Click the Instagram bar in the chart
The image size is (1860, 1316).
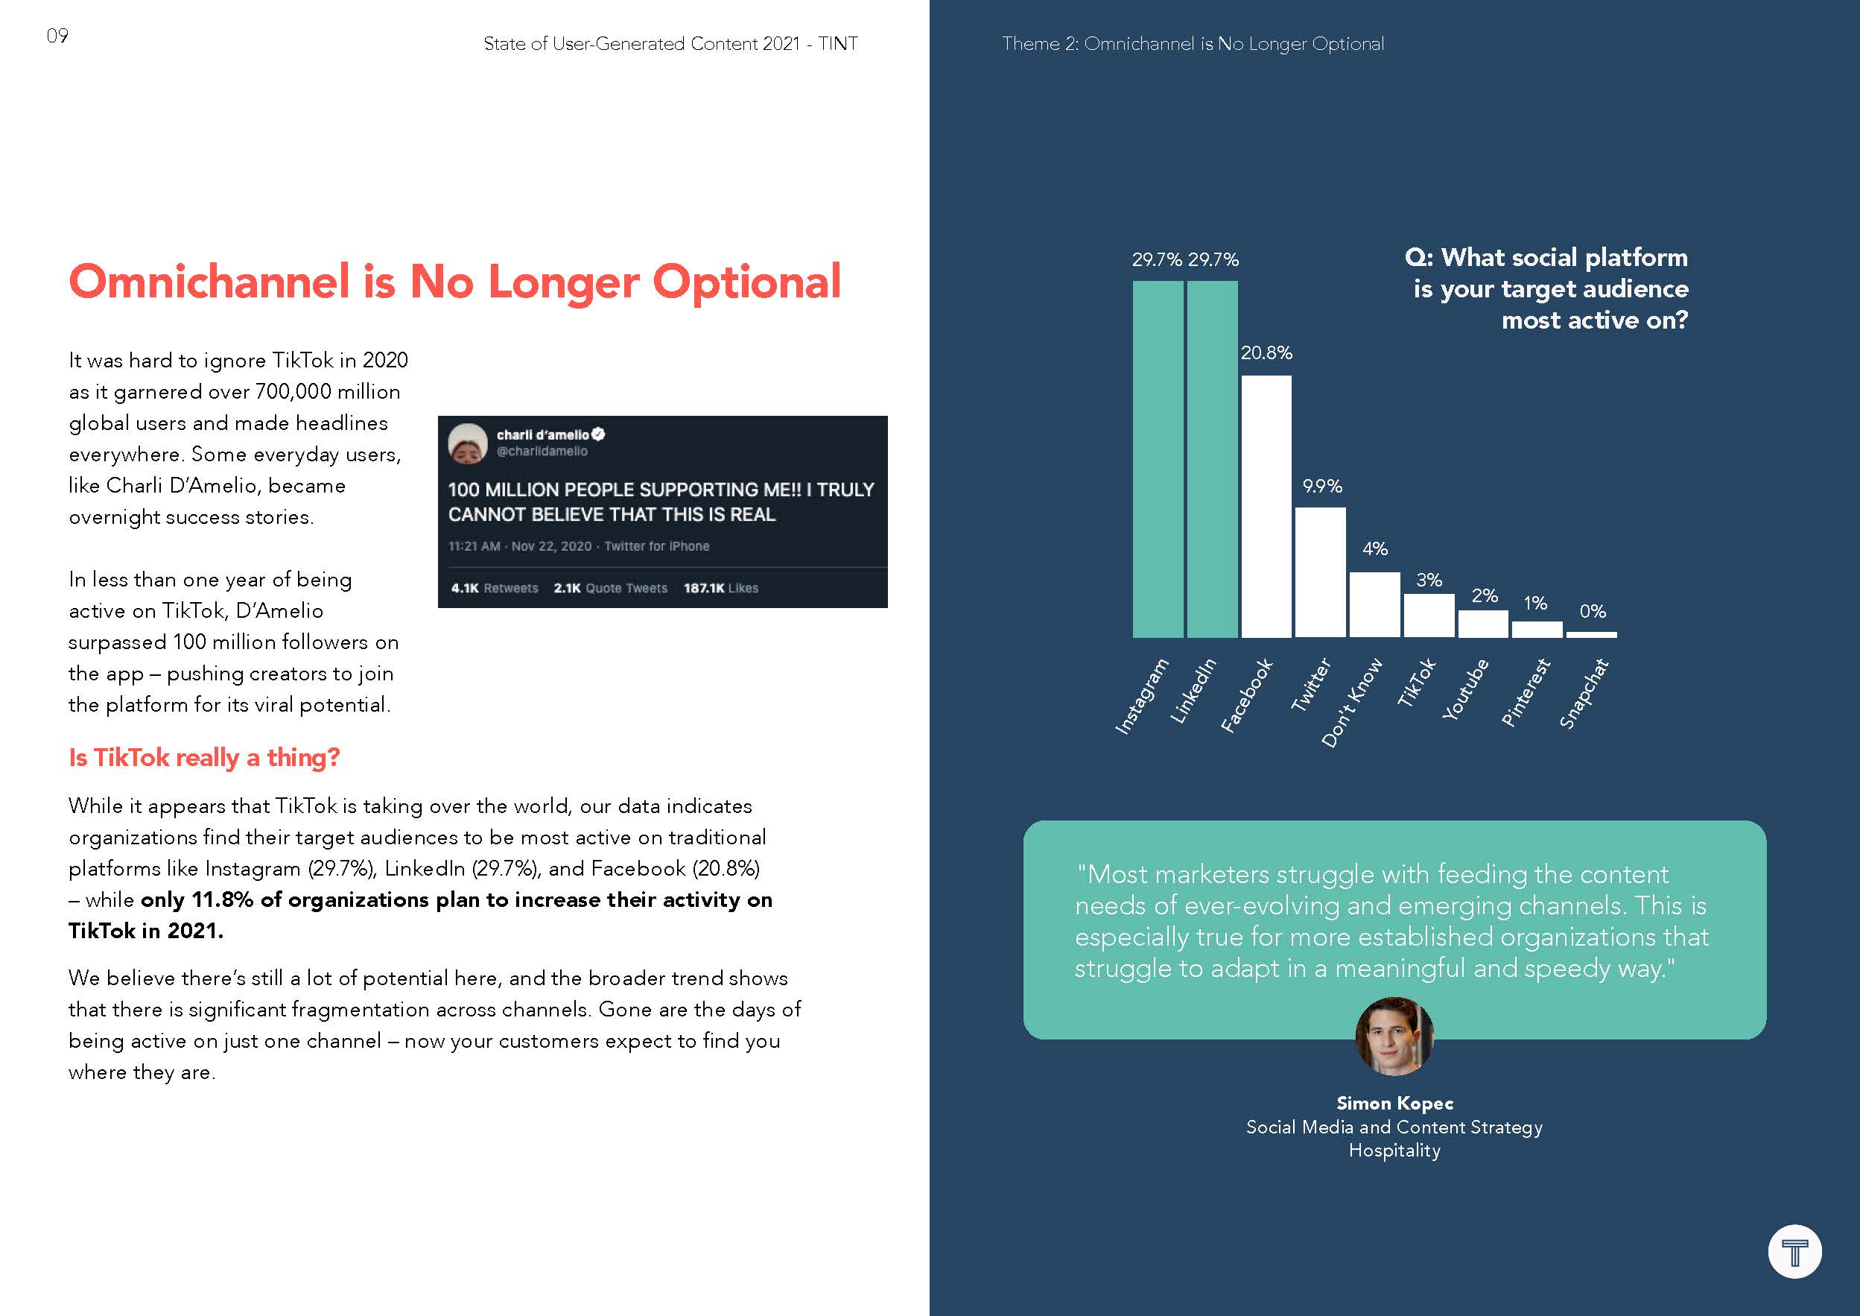tap(1157, 458)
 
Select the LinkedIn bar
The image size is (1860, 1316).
tap(1212, 458)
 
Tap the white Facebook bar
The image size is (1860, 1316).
tap(1266, 507)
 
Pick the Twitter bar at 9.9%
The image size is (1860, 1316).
tap(1320, 572)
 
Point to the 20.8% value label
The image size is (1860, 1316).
tap(1266, 353)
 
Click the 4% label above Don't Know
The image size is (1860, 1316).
tap(1375, 549)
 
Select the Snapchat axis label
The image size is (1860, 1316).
tap(1584, 694)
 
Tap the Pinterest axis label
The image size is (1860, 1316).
tap(1526, 692)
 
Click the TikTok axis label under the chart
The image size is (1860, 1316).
tap(1417, 683)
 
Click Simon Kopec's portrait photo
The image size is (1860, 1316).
tap(1394, 1037)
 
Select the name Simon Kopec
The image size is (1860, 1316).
tap(1394, 1103)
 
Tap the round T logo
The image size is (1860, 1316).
tap(1794, 1251)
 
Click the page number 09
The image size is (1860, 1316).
tap(57, 36)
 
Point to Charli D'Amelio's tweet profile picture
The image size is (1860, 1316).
tap(468, 443)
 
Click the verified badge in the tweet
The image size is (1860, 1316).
tap(599, 434)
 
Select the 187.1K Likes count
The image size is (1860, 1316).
tap(720, 588)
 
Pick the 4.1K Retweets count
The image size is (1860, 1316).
tap(494, 588)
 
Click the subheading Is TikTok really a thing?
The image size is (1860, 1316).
tap(204, 758)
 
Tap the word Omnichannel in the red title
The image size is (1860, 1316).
tap(210, 282)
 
